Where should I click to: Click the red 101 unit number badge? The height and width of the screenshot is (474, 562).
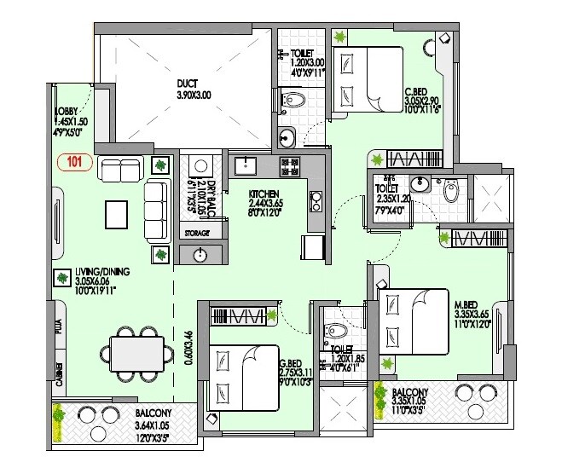coord(73,159)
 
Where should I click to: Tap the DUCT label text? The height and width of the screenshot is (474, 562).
coord(188,84)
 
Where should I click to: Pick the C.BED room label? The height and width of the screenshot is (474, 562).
coord(417,92)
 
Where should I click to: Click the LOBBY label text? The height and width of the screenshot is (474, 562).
coord(67,112)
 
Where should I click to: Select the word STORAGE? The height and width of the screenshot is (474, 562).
coord(197,233)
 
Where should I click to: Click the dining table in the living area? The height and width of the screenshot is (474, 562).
coord(136,352)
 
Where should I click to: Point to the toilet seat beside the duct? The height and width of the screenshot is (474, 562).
coord(294,101)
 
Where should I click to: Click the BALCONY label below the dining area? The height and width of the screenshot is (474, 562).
coord(154,413)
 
